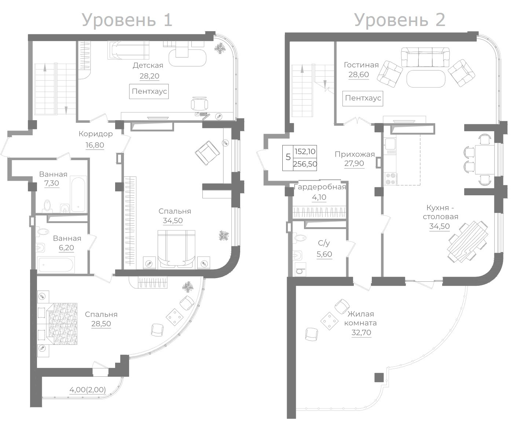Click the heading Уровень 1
click(x=127, y=21)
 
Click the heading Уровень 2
click(x=400, y=21)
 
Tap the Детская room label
click(x=148, y=66)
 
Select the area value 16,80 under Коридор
click(x=95, y=145)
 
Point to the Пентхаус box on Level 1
click(x=149, y=92)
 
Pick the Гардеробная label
click(x=320, y=187)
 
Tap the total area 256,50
click(x=305, y=164)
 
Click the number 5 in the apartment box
click(x=288, y=157)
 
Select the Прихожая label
click(x=355, y=154)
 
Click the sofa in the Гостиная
click(x=425, y=57)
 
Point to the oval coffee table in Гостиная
click(x=426, y=78)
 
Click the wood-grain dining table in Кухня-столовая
click(x=467, y=241)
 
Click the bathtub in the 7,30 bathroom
click(x=78, y=194)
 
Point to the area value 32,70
click(x=361, y=332)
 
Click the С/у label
click(x=324, y=243)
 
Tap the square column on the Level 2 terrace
click(x=379, y=377)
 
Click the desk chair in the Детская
click(x=199, y=104)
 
